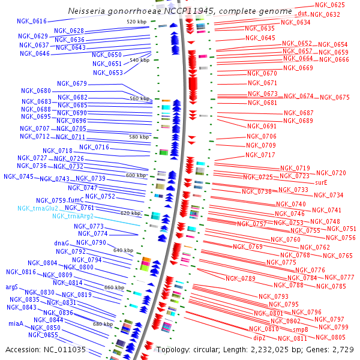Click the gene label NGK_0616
click(x=32, y=22)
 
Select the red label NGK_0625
click(x=330, y=5)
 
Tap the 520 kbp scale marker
click(x=137, y=22)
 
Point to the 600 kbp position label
click(x=136, y=175)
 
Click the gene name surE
click(x=322, y=182)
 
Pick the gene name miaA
click(x=16, y=323)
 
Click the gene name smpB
click(x=301, y=330)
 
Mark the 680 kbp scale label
click(x=103, y=324)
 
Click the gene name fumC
click(x=76, y=200)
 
